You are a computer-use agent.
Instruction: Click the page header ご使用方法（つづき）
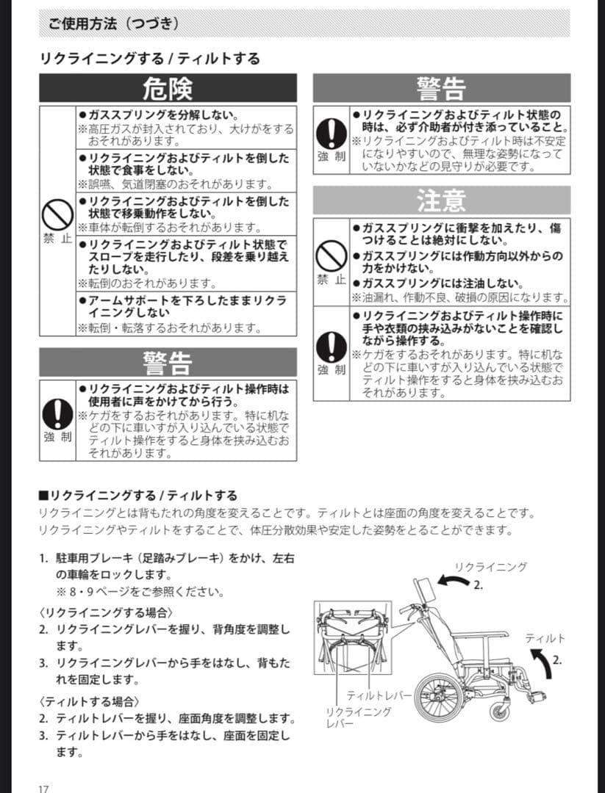(x=113, y=23)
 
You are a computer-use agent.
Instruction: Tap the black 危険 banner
(x=168, y=88)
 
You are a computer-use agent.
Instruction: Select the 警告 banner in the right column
(x=441, y=88)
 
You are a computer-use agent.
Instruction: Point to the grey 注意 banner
(x=441, y=200)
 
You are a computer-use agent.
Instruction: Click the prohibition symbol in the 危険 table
(x=56, y=216)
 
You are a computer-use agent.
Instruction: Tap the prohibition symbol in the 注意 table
(x=332, y=256)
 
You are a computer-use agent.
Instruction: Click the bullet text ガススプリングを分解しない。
(x=162, y=115)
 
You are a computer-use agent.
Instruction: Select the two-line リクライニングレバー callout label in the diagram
(x=358, y=717)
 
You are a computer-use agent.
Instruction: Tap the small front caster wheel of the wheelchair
(x=501, y=709)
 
